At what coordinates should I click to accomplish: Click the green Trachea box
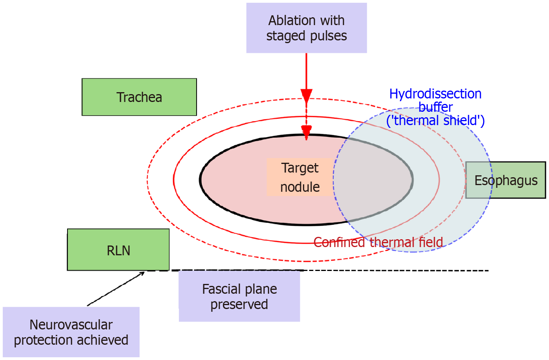coord(139,97)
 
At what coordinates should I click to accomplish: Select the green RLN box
coord(118,250)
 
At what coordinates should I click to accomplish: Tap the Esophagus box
coord(505,180)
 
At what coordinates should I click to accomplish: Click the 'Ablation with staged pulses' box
coord(306,28)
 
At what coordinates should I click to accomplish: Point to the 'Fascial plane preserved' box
coord(239,296)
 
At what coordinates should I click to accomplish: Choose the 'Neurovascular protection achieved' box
coord(71,332)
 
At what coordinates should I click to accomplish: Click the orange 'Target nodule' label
coord(300,177)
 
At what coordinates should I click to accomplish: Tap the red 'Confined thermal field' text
coord(378,242)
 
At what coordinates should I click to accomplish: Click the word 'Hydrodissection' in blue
coord(435,94)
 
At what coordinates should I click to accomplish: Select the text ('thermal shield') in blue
coord(435,120)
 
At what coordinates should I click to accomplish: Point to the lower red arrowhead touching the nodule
coord(306,132)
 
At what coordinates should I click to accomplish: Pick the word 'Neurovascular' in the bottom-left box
coord(71,325)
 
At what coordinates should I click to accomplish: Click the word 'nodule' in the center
coord(300,187)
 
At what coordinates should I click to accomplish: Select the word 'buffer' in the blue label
coord(435,107)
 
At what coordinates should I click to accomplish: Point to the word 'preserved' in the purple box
coord(239,304)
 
